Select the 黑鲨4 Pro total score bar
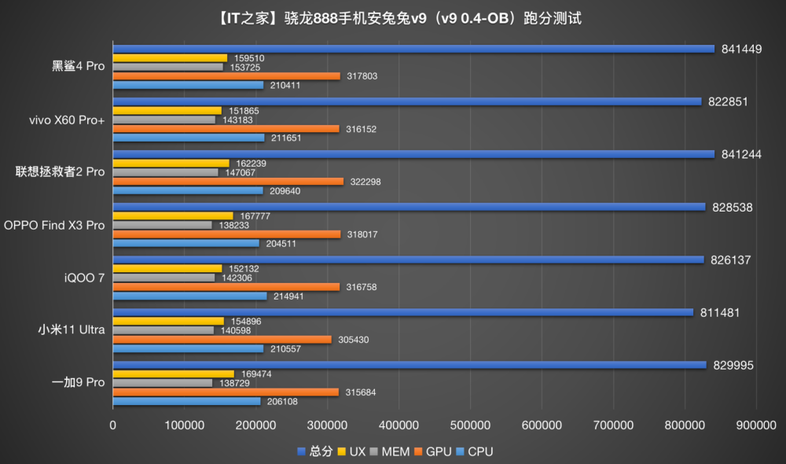point(413,49)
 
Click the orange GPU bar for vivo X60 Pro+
point(226,128)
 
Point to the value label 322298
point(367,182)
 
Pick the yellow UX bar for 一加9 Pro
point(174,374)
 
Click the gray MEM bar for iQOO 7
point(163,278)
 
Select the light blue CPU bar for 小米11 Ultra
point(188,348)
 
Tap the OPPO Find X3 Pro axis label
point(54,225)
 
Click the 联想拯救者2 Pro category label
point(61,171)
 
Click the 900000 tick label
point(756,425)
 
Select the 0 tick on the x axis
point(113,425)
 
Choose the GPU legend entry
point(437,451)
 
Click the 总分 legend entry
point(315,451)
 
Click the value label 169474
point(255,374)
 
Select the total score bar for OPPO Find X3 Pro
point(409,207)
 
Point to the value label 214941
point(288,296)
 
